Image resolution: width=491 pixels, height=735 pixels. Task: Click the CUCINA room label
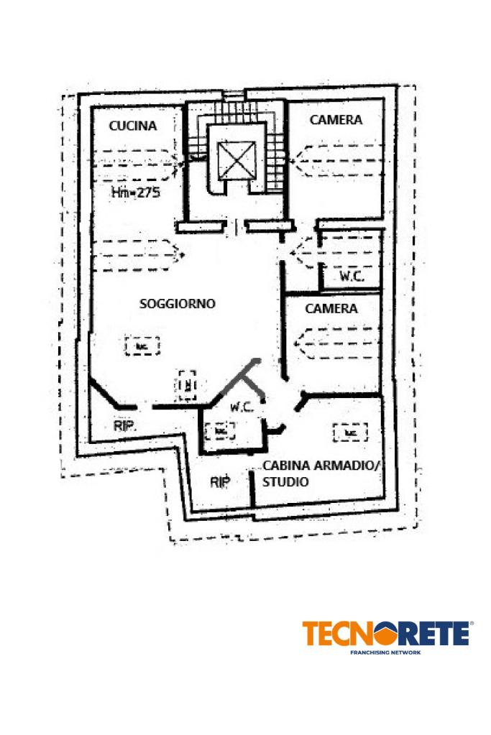tap(132, 126)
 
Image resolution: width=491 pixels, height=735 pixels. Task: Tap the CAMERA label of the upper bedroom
tap(336, 120)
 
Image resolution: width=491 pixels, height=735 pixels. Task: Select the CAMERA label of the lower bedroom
tap(331, 309)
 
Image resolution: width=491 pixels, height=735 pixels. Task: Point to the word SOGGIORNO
tap(178, 304)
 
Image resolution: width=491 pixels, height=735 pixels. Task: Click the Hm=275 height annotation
tap(135, 193)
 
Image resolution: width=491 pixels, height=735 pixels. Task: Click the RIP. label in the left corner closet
tap(125, 425)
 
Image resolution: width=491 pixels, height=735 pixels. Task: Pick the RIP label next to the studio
tap(220, 482)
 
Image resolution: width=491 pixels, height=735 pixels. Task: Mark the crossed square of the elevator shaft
tap(237, 160)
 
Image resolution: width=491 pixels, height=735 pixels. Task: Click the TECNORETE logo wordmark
tap(387, 634)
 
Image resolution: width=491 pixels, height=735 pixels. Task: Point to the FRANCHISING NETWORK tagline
tap(385, 652)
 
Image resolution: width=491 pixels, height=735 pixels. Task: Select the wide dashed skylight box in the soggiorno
tap(142, 346)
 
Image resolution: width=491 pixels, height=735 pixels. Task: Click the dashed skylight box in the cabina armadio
tap(350, 433)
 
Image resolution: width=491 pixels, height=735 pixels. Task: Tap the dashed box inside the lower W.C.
tap(220, 430)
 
